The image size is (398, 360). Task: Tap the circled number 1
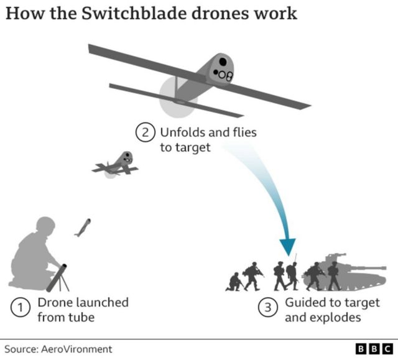click(x=21, y=309)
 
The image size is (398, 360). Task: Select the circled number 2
click(x=144, y=133)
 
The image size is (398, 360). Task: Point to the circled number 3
click(x=267, y=309)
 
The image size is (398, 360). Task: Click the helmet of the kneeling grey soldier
click(x=45, y=226)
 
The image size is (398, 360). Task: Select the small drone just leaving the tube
click(x=82, y=228)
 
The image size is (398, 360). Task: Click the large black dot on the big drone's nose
click(x=223, y=62)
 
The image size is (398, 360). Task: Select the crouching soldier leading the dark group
click(x=234, y=282)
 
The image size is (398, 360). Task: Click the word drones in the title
click(x=216, y=13)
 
